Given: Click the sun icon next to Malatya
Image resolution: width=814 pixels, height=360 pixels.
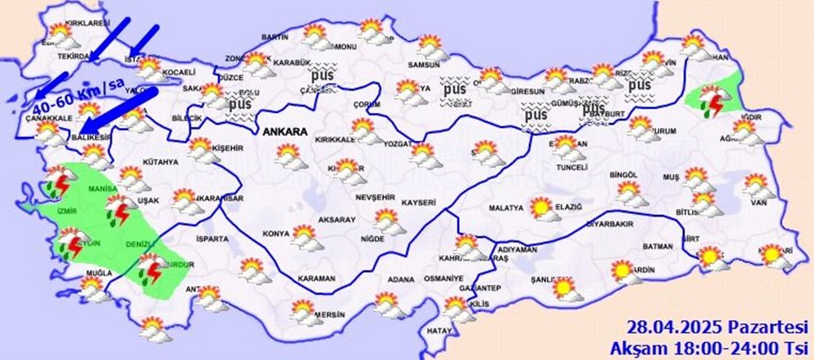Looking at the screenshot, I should click(x=540, y=208).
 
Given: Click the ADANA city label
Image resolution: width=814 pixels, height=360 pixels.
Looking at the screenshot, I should click(x=400, y=279).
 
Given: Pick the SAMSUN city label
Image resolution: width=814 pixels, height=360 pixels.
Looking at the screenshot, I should click(x=424, y=65).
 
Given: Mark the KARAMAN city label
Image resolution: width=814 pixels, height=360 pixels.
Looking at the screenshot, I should click(x=317, y=279).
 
